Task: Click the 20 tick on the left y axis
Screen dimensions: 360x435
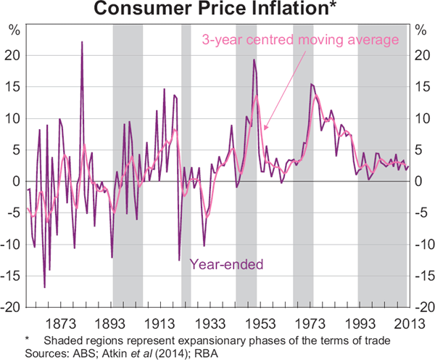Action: click(14, 55)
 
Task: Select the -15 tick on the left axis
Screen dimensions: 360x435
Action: click(12, 277)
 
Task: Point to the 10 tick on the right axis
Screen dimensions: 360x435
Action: click(423, 118)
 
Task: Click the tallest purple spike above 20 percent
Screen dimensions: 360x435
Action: click(82, 42)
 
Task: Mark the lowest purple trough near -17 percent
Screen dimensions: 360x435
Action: click(44, 287)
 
